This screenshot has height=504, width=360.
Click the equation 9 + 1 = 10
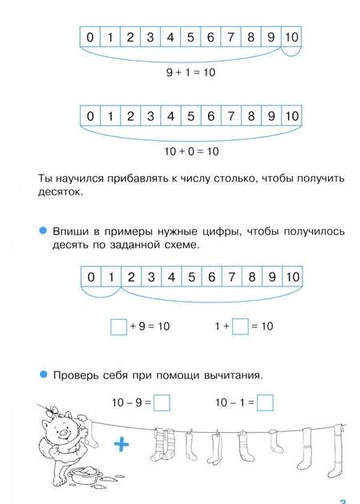click(x=190, y=73)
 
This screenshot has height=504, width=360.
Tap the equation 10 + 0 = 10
click(x=190, y=151)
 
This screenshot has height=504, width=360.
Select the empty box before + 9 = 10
click(x=118, y=326)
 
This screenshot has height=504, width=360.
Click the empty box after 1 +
click(x=239, y=326)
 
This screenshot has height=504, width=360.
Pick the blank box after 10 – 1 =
click(x=266, y=402)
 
